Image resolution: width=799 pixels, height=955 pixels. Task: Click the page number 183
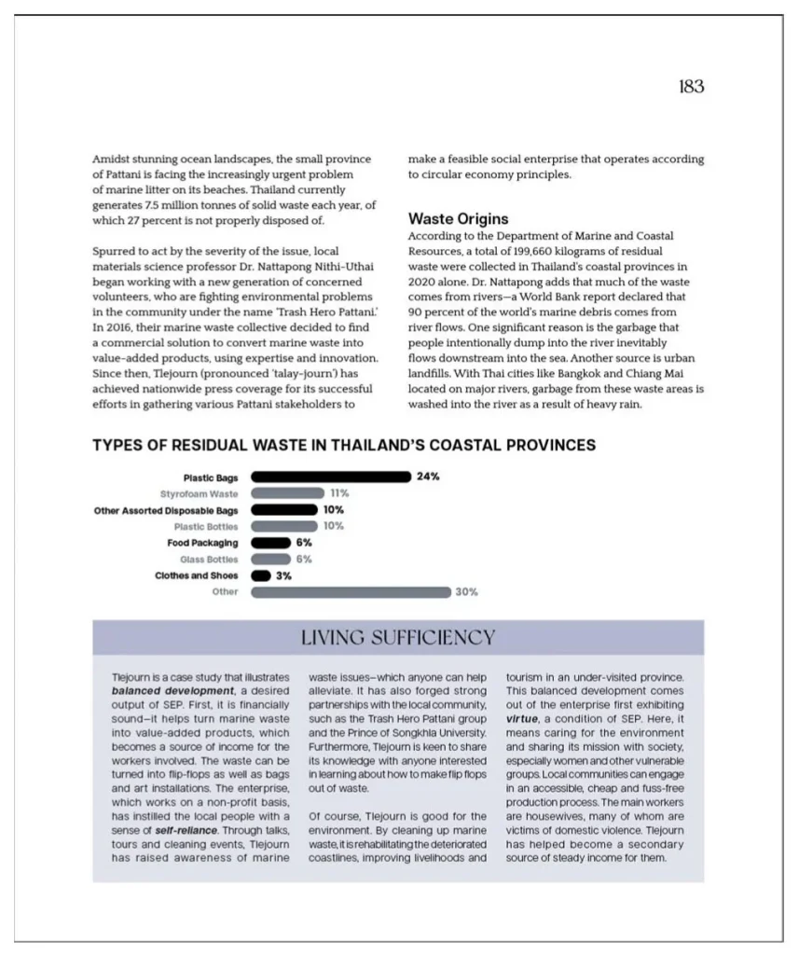[x=691, y=87]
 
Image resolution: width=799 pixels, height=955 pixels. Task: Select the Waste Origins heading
[x=459, y=219]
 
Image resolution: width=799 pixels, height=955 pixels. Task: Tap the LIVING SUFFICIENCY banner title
[x=398, y=638]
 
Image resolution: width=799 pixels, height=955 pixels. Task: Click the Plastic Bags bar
[x=331, y=477]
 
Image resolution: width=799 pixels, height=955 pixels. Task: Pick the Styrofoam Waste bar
[x=287, y=493]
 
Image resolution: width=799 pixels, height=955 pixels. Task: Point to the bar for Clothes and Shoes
[x=261, y=575]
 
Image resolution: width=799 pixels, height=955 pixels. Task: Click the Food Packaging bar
[x=271, y=543]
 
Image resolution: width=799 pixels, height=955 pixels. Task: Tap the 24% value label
[x=428, y=477]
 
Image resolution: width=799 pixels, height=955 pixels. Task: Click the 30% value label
[x=466, y=592]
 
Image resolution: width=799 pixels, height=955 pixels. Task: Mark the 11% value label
[x=339, y=493]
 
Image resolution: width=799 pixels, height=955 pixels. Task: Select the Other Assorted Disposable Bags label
[x=166, y=510]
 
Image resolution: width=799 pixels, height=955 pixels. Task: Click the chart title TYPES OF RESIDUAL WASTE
[x=344, y=445]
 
